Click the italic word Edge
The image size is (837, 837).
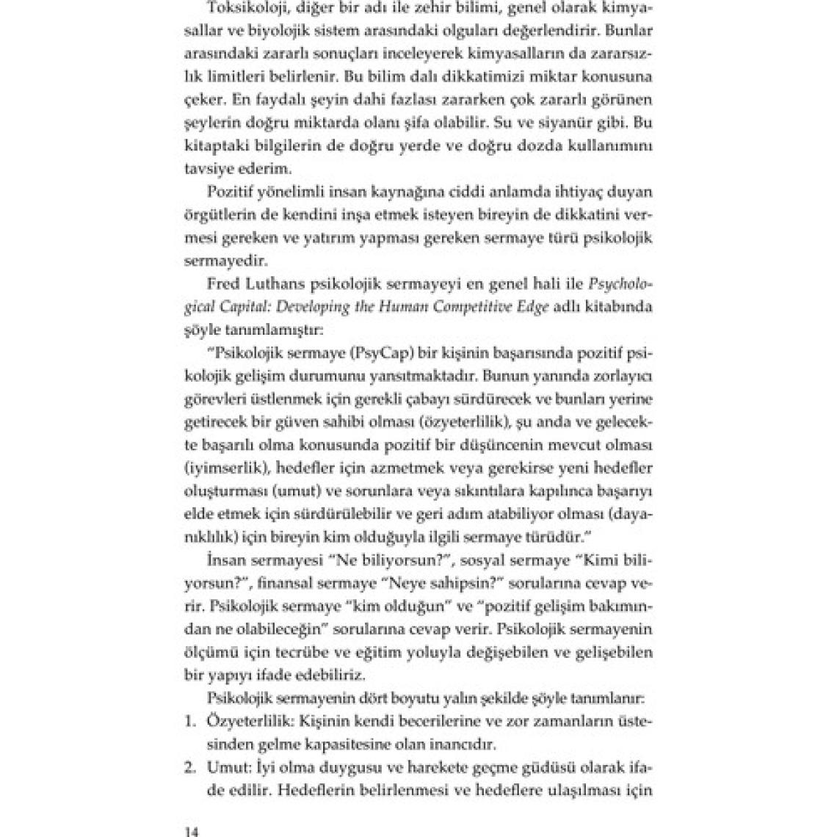tap(529, 308)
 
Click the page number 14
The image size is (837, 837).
tap(191, 831)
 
